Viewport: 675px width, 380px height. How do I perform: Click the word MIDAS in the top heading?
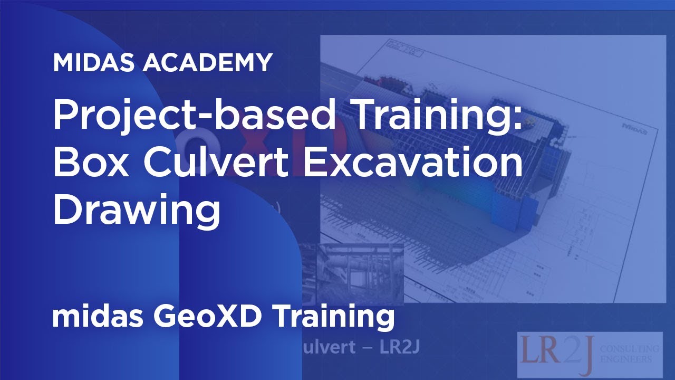click(94, 63)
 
